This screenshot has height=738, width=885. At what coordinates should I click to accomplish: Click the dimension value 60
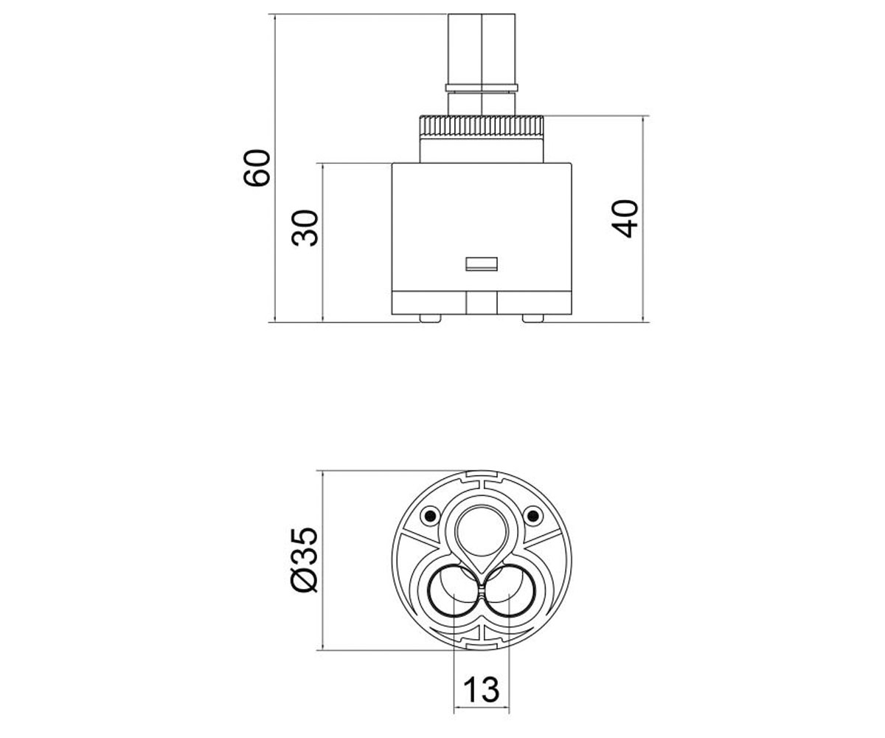257,168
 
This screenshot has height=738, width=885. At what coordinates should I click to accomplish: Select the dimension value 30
305,228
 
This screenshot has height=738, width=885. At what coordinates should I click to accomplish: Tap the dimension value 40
625,219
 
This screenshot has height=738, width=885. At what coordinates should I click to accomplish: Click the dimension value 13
482,689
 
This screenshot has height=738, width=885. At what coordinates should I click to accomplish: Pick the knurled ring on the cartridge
481,126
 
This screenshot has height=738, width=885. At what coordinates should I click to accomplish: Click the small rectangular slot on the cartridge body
481,263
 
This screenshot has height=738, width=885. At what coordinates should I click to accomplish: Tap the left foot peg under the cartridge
430,319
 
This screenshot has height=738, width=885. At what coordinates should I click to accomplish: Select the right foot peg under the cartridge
532,319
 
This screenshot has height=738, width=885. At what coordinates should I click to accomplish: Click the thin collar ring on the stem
482,89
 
